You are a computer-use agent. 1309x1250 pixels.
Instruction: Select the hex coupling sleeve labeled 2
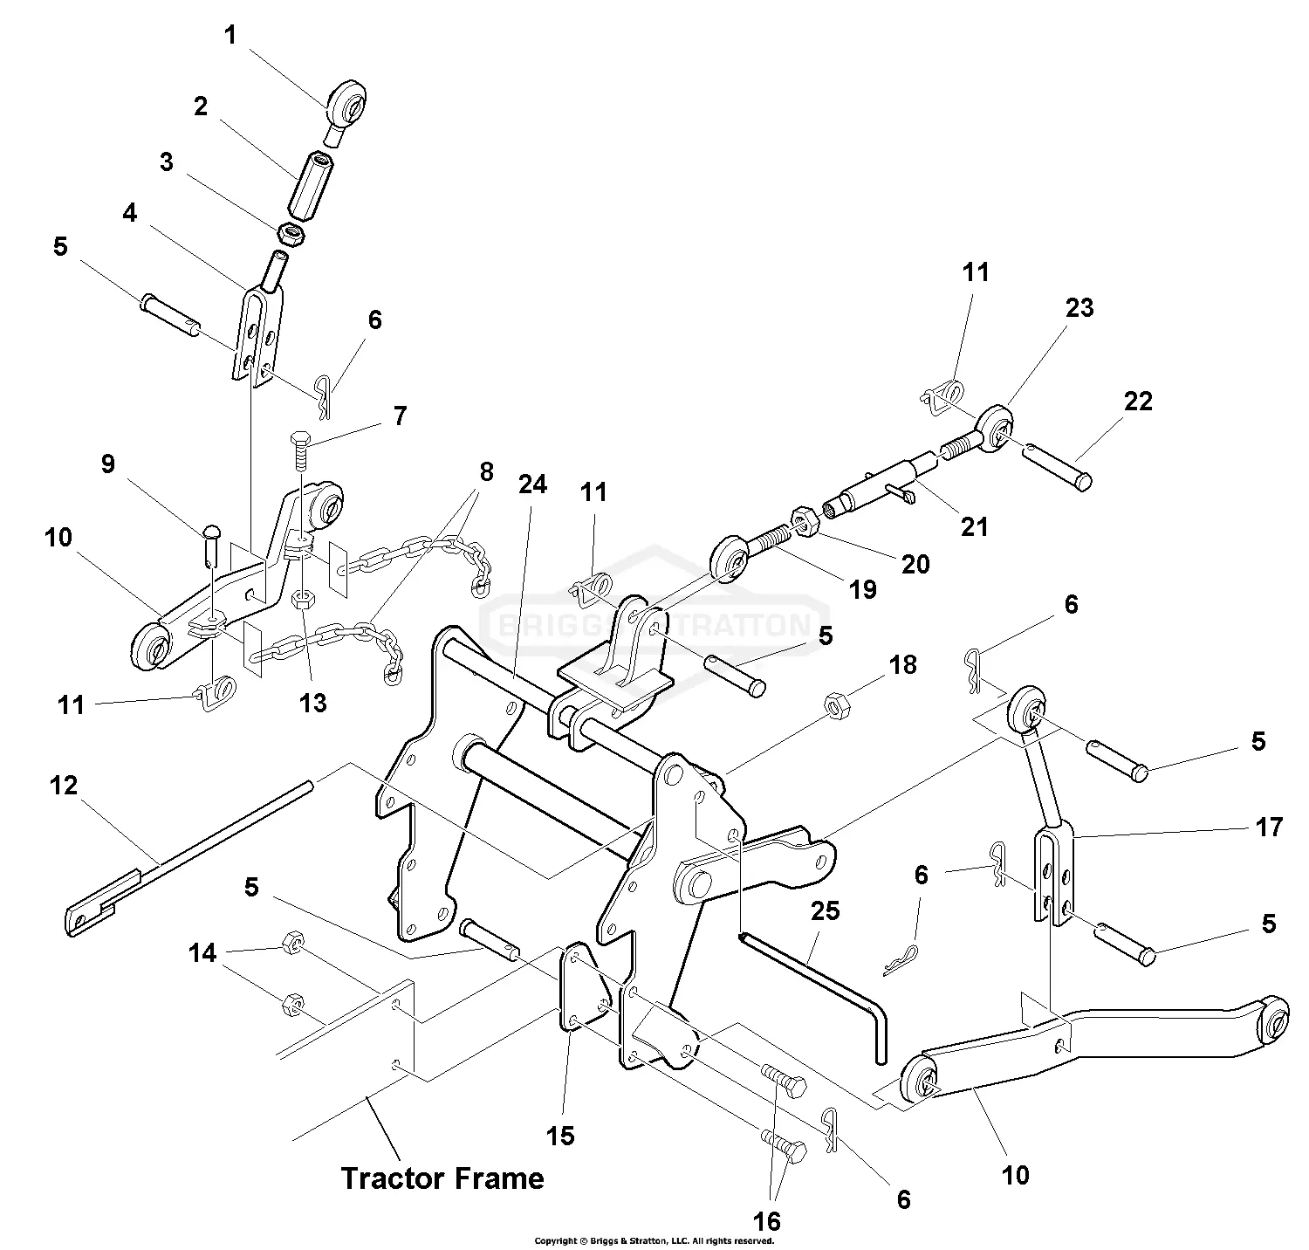311,184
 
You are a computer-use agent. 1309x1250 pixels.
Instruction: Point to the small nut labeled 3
291,233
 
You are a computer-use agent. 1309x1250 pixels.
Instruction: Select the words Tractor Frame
442,1178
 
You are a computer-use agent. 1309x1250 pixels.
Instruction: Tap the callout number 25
825,910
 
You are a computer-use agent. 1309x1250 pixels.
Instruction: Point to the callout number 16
768,1219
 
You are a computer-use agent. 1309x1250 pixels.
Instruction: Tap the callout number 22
1139,401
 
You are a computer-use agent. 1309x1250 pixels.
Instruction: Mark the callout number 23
1079,307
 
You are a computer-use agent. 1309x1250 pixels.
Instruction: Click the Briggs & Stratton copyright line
654,1240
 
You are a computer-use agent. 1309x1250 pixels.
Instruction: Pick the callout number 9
107,464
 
